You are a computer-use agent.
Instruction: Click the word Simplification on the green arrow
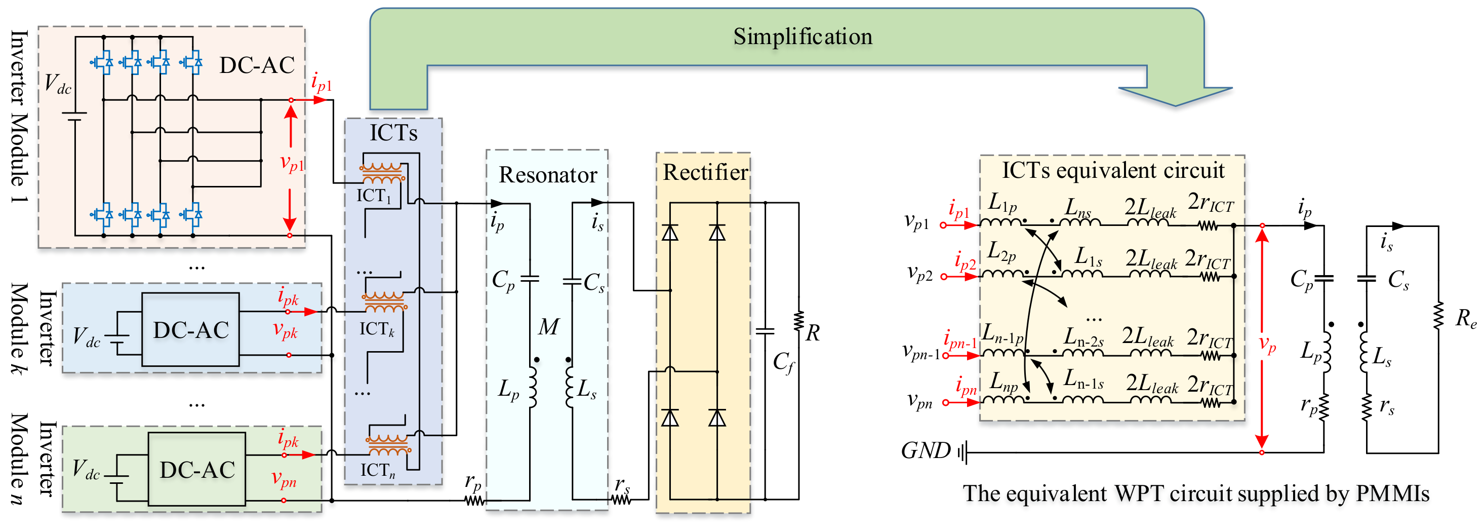pyautogui.click(x=803, y=37)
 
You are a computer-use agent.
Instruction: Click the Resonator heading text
pyautogui.click(x=547, y=175)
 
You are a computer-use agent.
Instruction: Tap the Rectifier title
pyautogui.click(x=705, y=172)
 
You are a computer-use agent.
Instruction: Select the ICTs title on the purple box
pyautogui.click(x=393, y=133)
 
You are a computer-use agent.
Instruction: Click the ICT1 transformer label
pyautogui.click(x=373, y=196)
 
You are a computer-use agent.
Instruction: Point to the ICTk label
pyautogui.click(x=377, y=329)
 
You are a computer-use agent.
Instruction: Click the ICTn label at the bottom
pyautogui.click(x=377, y=471)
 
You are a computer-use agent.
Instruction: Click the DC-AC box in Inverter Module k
pyautogui.click(x=191, y=330)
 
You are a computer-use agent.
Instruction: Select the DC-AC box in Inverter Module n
pyautogui.click(x=197, y=470)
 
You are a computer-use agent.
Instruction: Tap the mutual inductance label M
pyautogui.click(x=548, y=327)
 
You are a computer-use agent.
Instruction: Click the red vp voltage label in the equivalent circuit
pyautogui.click(x=1267, y=344)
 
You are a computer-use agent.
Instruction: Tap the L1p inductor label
pyautogui.click(x=1002, y=202)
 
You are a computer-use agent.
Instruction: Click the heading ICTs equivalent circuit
pyautogui.click(x=1112, y=171)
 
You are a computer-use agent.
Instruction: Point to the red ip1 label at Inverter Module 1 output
pyautogui.click(x=322, y=83)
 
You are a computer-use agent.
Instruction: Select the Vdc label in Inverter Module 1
pyautogui.click(x=58, y=84)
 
